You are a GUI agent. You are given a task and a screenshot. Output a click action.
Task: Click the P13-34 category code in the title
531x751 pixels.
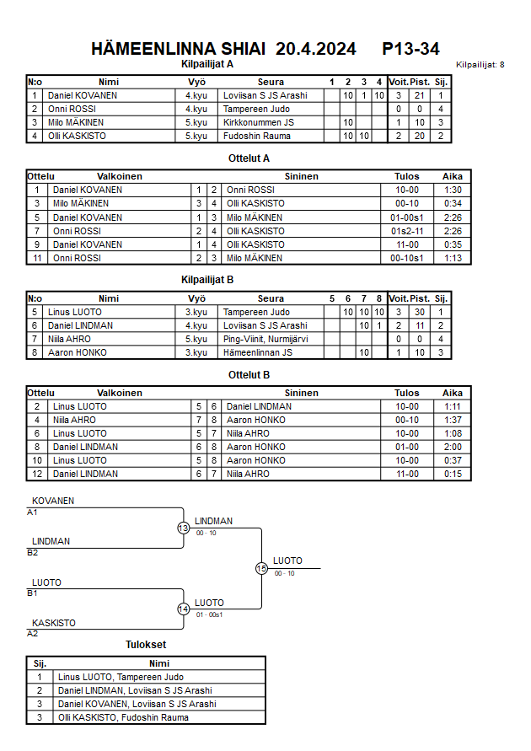pyautogui.click(x=410, y=49)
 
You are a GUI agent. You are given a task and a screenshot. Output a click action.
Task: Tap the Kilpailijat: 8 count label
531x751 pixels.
pyautogui.click(x=480, y=65)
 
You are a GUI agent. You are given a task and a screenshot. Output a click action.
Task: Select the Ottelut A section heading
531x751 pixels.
pyautogui.click(x=249, y=158)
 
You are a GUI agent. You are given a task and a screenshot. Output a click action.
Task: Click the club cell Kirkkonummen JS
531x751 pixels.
pyautogui.click(x=259, y=122)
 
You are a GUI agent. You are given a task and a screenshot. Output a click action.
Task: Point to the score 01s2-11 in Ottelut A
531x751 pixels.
pyautogui.click(x=406, y=231)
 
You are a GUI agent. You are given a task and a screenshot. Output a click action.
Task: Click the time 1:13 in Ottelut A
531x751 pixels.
pyautogui.click(x=452, y=258)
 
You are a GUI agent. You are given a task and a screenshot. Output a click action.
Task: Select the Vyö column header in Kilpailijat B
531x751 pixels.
pyautogui.click(x=196, y=298)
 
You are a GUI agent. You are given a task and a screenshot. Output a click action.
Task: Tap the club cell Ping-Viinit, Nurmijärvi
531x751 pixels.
pyautogui.click(x=265, y=339)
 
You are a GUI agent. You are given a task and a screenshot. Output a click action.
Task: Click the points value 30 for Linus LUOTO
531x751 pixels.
pyautogui.click(x=420, y=312)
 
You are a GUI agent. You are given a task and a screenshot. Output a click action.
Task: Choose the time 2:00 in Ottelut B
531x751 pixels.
pyautogui.click(x=452, y=447)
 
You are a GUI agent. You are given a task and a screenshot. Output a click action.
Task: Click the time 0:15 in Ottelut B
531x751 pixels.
pyautogui.click(x=452, y=474)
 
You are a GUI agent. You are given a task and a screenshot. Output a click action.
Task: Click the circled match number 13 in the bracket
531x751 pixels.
pyautogui.click(x=184, y=528)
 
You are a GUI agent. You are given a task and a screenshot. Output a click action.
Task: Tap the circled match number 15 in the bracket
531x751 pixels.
pyautogui.click(x=261, y=569)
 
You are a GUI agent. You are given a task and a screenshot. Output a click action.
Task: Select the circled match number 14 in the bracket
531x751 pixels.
pyautogui.click(x=184, y=609)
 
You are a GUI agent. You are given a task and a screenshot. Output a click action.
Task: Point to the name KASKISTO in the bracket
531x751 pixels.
pyautogui.click(x=54, y=623)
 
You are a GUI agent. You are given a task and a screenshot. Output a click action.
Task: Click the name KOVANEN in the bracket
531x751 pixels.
pyautogui.click(x=53, y=501)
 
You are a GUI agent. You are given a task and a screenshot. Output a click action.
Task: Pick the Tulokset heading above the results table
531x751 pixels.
pyautogui.click(x=146, y=645)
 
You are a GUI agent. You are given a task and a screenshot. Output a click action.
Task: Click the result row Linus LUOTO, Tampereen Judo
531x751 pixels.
pyautogui.click(x=120, y=677)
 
